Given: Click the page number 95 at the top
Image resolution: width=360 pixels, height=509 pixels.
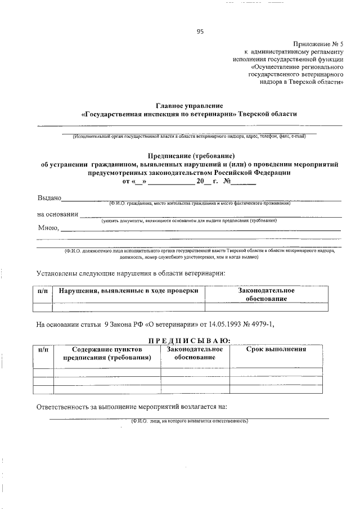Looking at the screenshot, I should coord(200,31).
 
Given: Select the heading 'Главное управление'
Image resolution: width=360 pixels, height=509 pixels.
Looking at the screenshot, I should coord(189,106).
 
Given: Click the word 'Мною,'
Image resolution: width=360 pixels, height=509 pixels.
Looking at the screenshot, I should coord(48,228).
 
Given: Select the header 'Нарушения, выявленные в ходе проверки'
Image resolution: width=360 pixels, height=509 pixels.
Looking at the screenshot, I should coord(128,291).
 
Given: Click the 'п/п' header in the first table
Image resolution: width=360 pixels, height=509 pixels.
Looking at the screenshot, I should coord(42,291).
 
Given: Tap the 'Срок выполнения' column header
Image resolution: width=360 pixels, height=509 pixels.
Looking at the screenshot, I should coord(276,349).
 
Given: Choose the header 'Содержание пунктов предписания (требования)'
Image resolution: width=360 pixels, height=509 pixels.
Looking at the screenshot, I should coord(107,353).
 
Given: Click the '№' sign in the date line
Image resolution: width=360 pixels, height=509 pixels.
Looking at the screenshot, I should coord(228,182).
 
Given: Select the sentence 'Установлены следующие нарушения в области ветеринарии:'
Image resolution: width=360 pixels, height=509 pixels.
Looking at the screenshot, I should coord(130,273).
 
